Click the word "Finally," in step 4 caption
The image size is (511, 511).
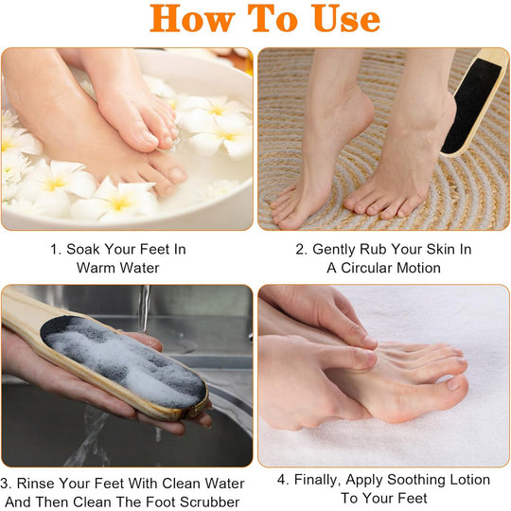pos(325,480)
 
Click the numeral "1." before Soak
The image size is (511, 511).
pos(56,250)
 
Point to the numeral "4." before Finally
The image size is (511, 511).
pos(284,480)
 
